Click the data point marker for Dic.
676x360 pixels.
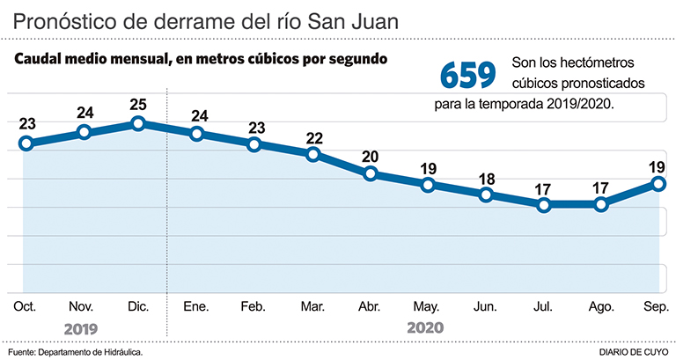click(x=138, y=123)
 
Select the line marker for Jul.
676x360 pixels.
click(x=544, y=204)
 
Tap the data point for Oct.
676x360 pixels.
click(x=26, y=143)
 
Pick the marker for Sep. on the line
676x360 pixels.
click(x=658, y=183)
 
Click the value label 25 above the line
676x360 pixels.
click(x=138, y=104)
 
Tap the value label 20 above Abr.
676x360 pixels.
click(x=371, y=157)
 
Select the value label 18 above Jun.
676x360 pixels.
click(x=486, y=178)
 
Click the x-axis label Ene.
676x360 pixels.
click(x=196, y=306)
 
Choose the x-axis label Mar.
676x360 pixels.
click(x=312, y=306)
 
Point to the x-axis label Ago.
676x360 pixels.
click(x=601, y=306)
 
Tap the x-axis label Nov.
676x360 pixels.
click(x=81, y=306)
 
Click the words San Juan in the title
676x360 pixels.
click(x=353, y=19)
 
